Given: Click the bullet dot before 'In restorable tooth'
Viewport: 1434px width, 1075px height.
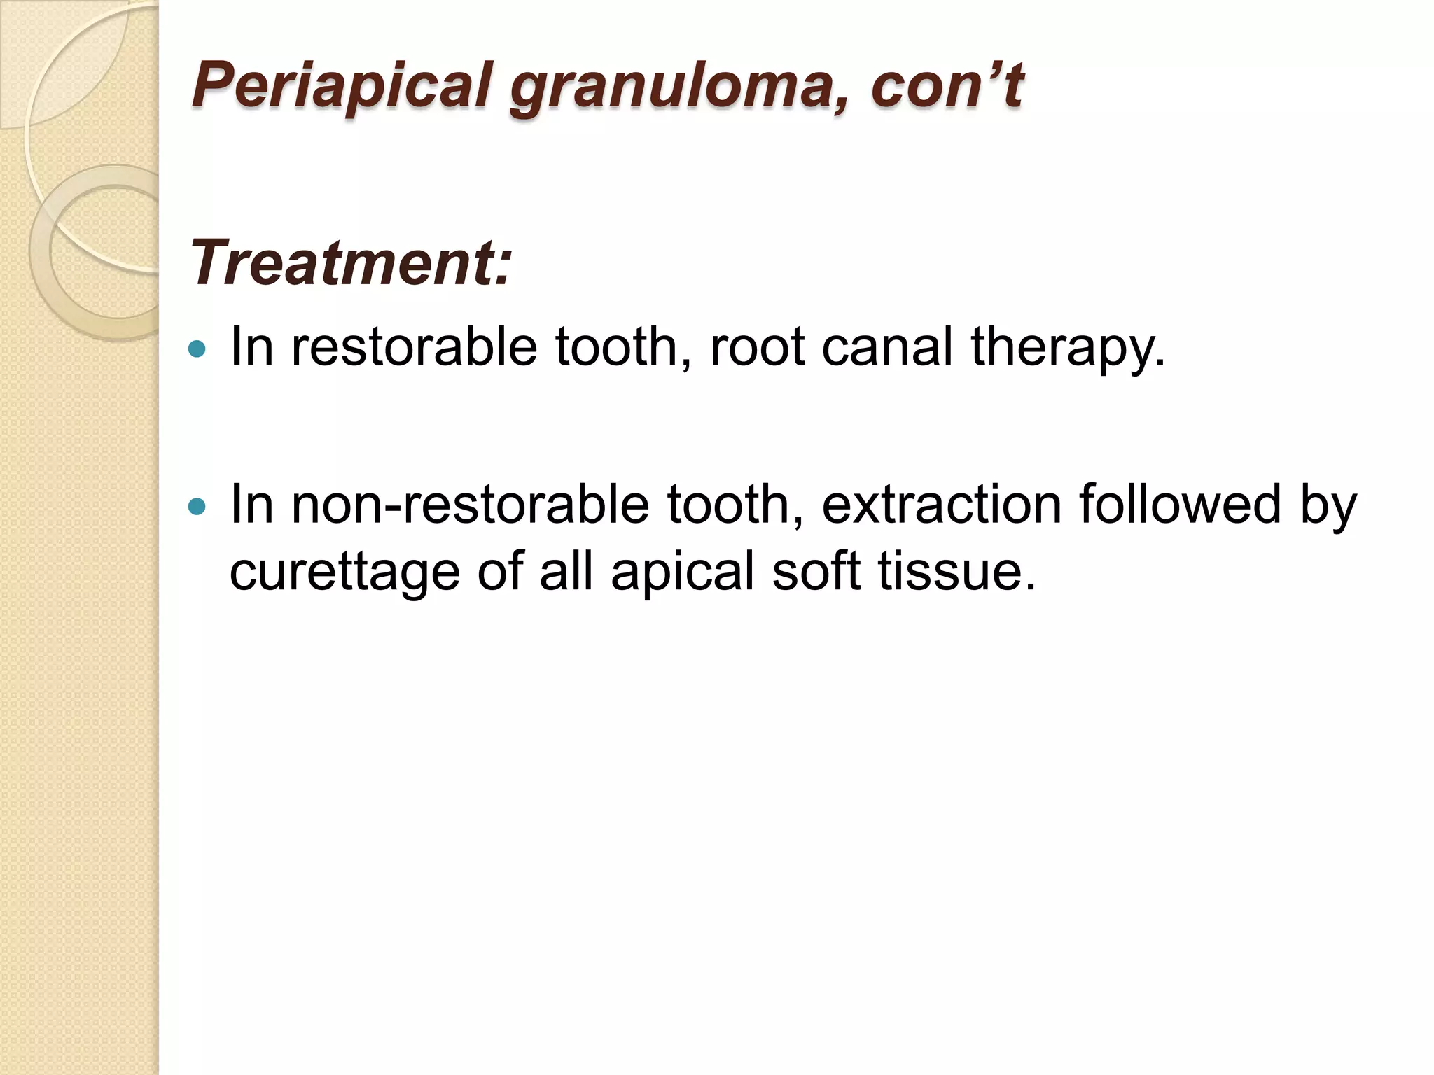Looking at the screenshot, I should click(x=198, y=348).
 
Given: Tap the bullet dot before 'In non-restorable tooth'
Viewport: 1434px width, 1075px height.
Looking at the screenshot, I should click(x=198, y=505).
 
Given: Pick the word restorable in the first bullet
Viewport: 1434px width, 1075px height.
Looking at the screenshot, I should click(x=414, y=346).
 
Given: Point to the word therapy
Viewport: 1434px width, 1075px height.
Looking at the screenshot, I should click(x=1068, y=348).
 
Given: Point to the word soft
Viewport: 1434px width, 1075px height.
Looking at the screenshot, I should click(x=816, y=571).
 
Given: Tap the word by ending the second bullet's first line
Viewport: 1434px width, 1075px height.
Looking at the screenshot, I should click(x=1328, y=505).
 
